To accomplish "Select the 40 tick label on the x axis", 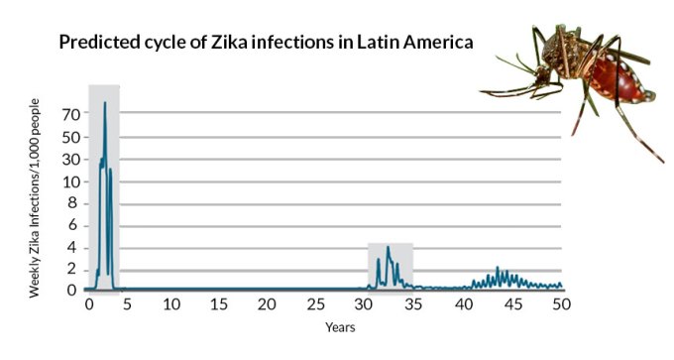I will click(x=466, y=304).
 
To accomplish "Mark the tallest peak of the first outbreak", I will click(x=104, y=103).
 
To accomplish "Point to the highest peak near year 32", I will click(x=388, y=247).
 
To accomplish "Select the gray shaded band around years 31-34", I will click(x=391, y=266).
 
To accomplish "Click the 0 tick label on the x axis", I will click(x=89, y=304).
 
